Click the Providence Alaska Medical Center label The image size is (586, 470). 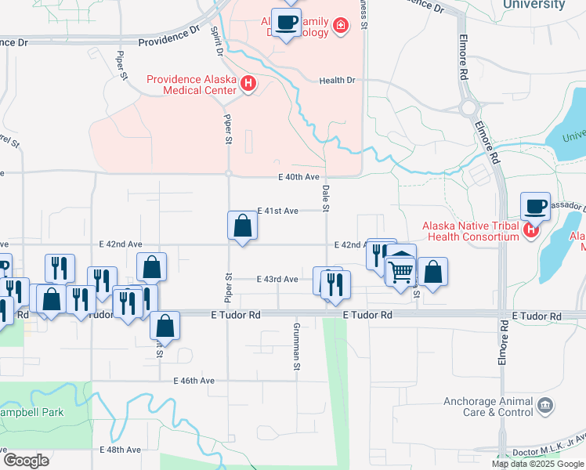click(x=192, y=85)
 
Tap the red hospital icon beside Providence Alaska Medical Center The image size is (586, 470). click(x=248, y=83)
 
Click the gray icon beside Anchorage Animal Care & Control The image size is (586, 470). click(x=545, y=405)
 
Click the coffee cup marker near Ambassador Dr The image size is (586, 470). click(x=536, y=207)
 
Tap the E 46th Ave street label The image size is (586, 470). click(x=194, y=381)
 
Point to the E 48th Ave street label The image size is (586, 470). click(x=121, y=450)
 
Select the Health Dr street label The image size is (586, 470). click(x=338, y=80)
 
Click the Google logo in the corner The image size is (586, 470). click(x=27, y=461)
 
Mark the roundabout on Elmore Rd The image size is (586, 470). click(x=469, y=108)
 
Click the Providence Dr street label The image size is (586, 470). click(x=168, y=37)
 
